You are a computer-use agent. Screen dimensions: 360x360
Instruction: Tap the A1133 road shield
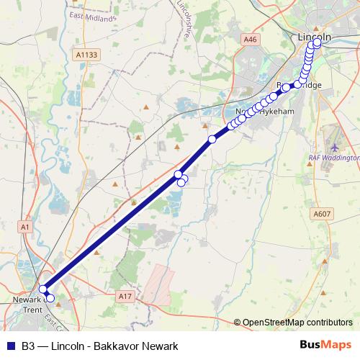point(85,54)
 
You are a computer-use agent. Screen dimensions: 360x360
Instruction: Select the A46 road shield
point(250,40)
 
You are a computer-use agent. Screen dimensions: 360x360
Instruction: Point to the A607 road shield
point(321,213)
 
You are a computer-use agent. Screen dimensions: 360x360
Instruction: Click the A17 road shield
point(127,295)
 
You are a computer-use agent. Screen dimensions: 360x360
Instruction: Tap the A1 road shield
point(26,227)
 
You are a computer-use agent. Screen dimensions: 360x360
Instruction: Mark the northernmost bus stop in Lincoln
point(318,42)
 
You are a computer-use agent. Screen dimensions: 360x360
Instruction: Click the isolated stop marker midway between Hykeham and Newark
point(212,139)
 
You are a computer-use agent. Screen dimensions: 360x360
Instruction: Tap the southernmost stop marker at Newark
point(50,298)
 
